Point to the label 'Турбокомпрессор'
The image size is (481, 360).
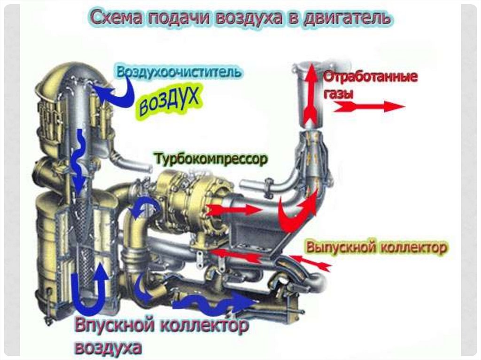tap(212, 159)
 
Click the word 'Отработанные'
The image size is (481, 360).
tap(370, 77)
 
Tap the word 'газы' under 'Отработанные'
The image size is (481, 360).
tap(338, 94)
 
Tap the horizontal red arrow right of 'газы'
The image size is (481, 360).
tap(369, 107)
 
